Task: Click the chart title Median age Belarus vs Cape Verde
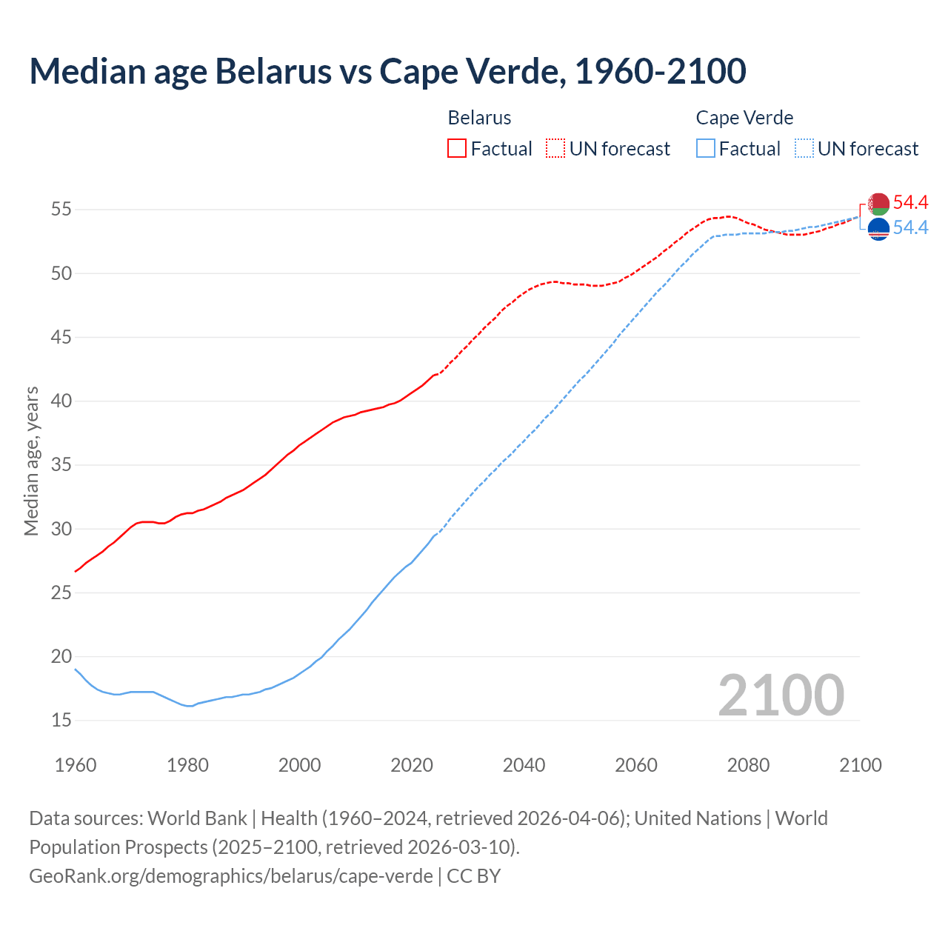[387, 71]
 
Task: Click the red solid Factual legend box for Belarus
[457, 148]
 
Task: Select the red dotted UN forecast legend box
[555, 148]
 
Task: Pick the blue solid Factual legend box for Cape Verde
[705, 148]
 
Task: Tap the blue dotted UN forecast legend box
[804, 148]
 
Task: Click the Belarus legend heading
[479, 118]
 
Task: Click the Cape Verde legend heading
[744, 118]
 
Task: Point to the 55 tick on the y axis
[61, 210]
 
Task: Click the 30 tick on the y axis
[61, 529]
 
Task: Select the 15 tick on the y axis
[61, 720]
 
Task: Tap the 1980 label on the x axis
[187, 765]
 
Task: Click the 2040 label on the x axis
[524, 765]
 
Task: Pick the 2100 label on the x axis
[860, 765]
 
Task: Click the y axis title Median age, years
[31, 461]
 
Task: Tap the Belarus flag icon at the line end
[878, 204]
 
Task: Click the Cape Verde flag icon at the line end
[878, 229]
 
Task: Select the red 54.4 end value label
[910, 202]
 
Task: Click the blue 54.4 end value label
[910, 227]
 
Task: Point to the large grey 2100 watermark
[781, 695]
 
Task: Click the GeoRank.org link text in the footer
[231, 875]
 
